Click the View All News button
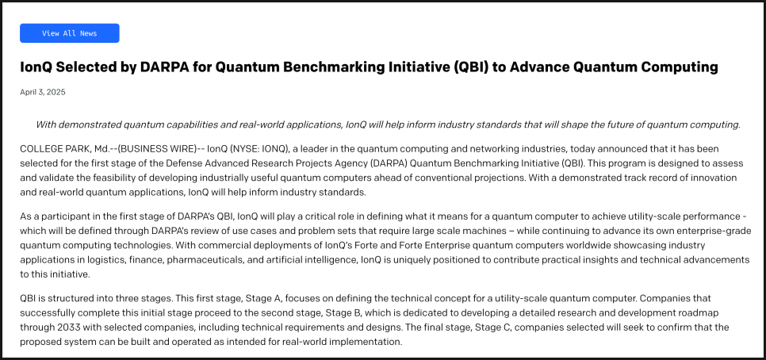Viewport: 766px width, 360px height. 69,33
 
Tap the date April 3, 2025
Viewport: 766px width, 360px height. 43,92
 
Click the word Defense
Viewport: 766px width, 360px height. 182,163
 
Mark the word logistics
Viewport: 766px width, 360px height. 106,260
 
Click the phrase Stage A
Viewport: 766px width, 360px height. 262,298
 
